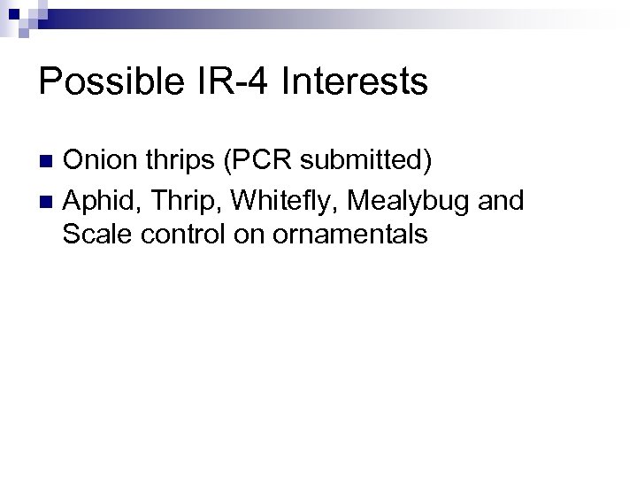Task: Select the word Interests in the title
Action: tap(354, 83)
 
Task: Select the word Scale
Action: tap(96, 235)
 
